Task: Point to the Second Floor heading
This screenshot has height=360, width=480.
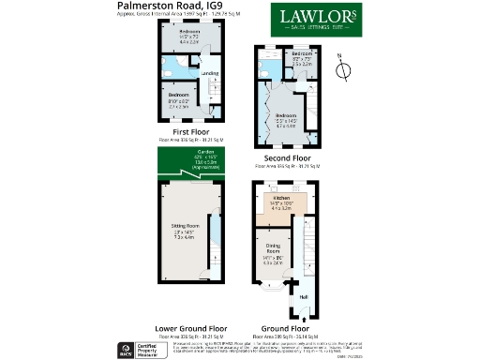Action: tap(286, 158)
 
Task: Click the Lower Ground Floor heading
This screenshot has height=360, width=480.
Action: tap(191, 329)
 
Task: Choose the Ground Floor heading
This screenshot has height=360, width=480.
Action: tap(286, 329)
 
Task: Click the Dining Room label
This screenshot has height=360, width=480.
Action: tap(273, 251)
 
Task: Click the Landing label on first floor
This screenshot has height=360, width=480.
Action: tap(211, 72)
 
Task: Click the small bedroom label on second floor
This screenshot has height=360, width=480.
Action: tap(301, 59)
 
